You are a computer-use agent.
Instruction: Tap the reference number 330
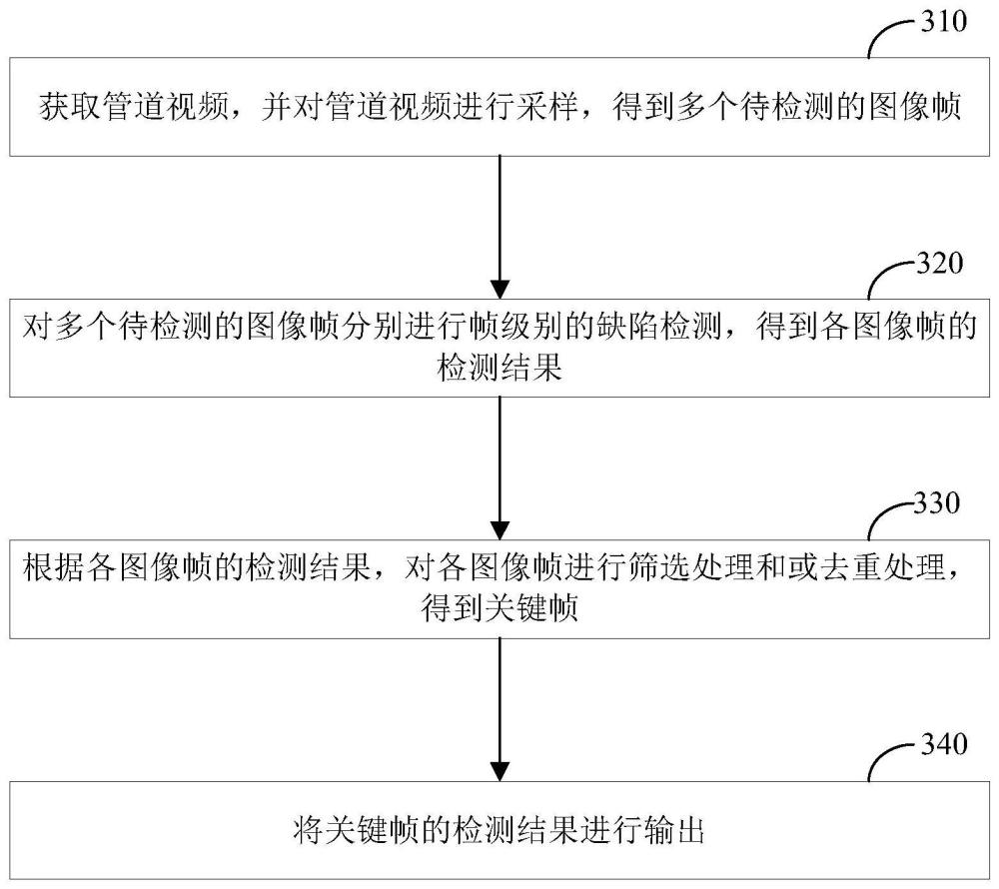[x=938, y=503]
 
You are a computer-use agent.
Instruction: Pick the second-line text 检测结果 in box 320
[x=500, y=370]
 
